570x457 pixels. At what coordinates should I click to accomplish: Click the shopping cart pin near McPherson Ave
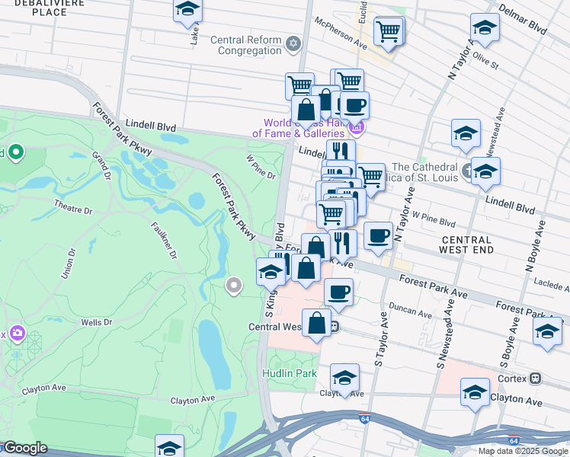point(389,32)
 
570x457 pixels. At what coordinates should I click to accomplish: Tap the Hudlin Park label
point(289,374)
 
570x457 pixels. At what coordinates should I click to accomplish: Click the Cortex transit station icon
point(536,377)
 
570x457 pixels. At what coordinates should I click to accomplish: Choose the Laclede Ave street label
point(552,285)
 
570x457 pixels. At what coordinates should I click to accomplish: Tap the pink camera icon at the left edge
point(15,334)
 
